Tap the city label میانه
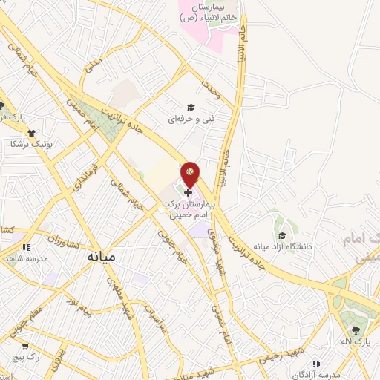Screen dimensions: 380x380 coord(102,257)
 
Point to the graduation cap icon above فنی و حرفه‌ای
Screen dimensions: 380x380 coord(191,107)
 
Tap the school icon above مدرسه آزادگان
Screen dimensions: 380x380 coord(316,364)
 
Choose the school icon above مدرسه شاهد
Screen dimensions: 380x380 coord(25,247)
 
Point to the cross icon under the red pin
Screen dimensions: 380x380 coord(188,191)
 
